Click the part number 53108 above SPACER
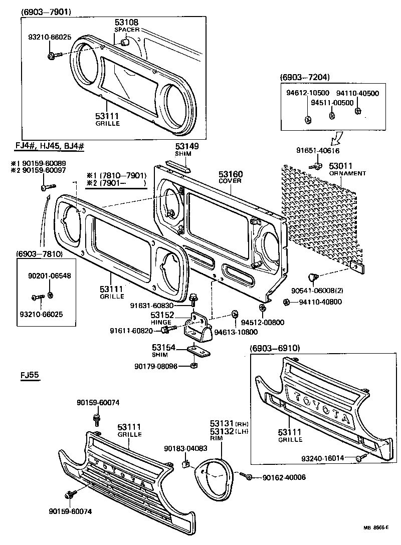[126, 23]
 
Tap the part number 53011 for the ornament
[341, 166]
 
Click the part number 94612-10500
[308, 93]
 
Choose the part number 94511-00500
[332, 103]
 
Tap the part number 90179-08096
[156, 366]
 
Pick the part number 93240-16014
[322, 458]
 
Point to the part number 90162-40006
[284, 477]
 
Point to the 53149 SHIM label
[187, 150]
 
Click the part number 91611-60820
[132, 330]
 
